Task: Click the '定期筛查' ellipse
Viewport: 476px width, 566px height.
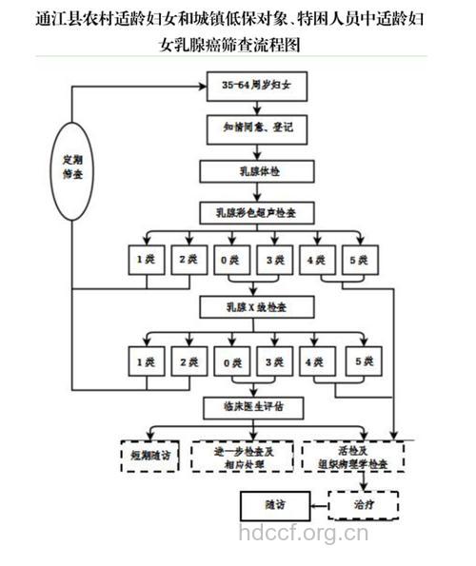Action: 72,168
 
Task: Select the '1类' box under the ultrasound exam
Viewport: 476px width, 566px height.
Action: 146,260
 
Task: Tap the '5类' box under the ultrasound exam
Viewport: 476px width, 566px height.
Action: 358,260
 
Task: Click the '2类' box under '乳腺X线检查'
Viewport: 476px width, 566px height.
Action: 188,362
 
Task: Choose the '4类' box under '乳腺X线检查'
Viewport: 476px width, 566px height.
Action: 315,362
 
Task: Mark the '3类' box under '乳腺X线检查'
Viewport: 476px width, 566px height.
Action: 273,362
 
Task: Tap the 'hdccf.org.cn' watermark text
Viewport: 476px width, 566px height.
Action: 303,535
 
